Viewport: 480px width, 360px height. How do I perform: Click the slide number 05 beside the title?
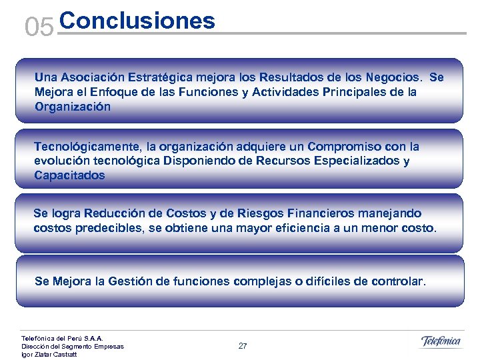[x=38, y=27]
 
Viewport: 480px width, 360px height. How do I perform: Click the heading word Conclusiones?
[x=137, y=21]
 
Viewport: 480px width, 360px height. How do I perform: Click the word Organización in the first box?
[x=73, y=107]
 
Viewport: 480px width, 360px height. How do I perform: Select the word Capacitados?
[x=69, y=175]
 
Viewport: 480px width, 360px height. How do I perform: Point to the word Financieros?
[x=320, y=213]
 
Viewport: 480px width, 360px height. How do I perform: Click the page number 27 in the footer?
[x=243, y=346]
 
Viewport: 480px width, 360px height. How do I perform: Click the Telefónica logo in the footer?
[x=441, y=342]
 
